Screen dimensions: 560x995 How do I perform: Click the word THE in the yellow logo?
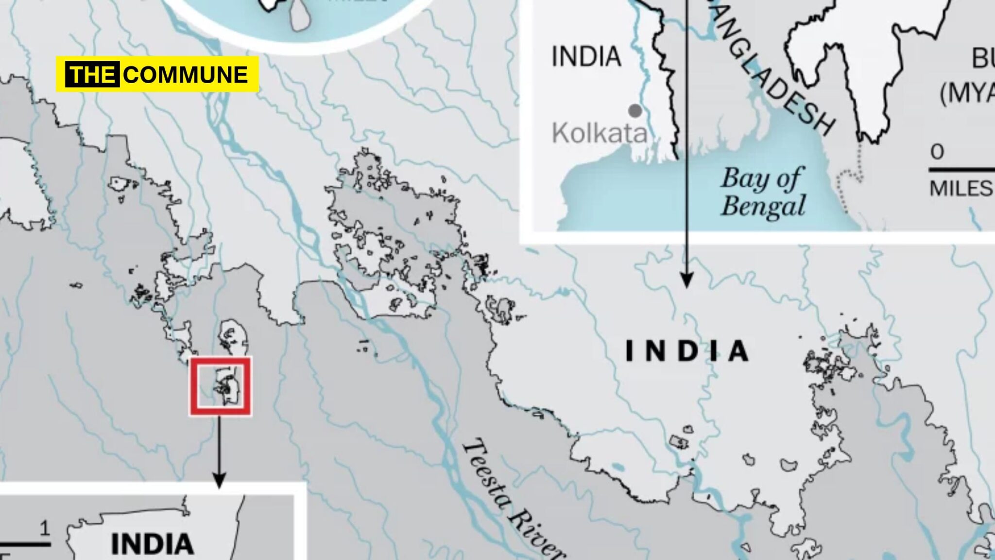pos(93,75)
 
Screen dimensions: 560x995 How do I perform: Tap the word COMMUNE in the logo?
pos(186,75)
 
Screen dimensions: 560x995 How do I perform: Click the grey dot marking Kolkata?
pos(635,111)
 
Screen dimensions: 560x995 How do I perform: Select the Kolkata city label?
pos(600,133)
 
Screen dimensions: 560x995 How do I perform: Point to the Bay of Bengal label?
pos(763,192)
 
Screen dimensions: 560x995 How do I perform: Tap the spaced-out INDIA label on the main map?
pos(687,351)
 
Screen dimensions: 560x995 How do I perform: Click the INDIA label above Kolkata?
pos(586,56)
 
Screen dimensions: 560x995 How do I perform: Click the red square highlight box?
pos(220,386)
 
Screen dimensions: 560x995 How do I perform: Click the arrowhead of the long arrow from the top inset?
pos(686,281)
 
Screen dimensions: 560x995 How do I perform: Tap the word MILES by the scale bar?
pos(961,189)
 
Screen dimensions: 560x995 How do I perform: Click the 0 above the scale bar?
pos(937,152)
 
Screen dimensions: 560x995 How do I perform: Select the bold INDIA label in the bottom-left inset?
pos(152,544)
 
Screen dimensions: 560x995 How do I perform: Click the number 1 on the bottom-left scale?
pos(45,528)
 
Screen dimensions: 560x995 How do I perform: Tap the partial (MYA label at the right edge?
pos(967,93)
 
